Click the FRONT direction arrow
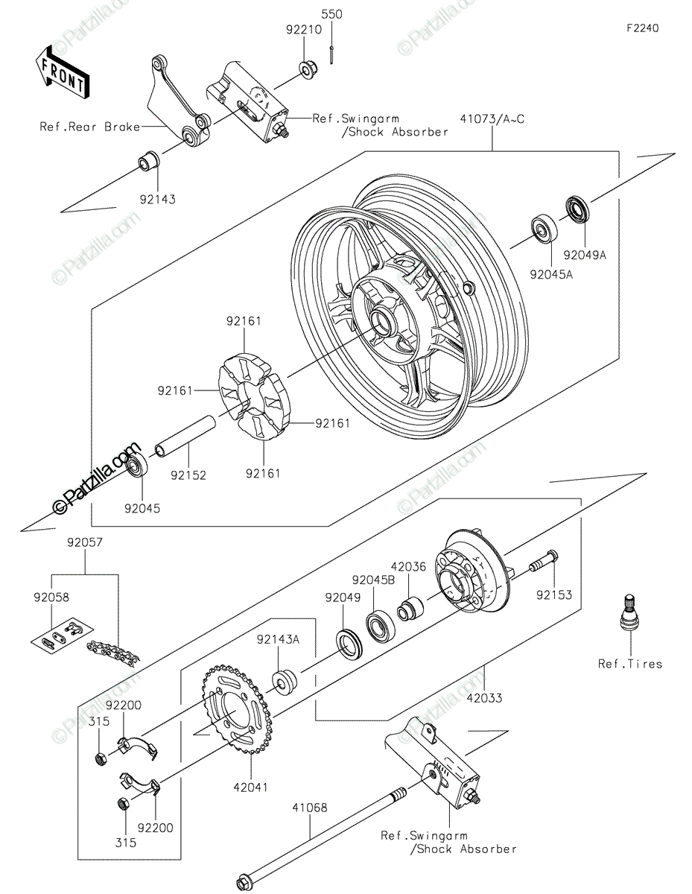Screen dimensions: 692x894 pyautogui.click(x=62, y=72)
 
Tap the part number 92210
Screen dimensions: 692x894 pyautogui.click(x=304, y=30)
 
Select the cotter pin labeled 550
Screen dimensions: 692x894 pyautogui.click(x=331, y=54)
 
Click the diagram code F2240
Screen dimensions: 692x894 pyautogui.click(x=642, y=28)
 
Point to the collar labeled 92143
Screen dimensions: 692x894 pyautogui.click(x=148, y=161)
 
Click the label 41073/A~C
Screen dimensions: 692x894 pyautogui.click(x=492, y=119)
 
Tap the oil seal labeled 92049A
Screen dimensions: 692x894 pyautogui.click(x=577, y=211)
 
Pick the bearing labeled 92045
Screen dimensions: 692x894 pyautogui.click(x=136, y=466)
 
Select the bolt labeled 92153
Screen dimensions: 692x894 pyautogui.click(x=544, y=561)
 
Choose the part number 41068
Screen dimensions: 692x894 pyautogui.click(x=310, y=808)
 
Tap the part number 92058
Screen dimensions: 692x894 pyautogui.click(x=52, y=597)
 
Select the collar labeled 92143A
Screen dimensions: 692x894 pyautogui.click(x=284, y=683)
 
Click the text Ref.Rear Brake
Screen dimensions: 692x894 pyautogui.click(x=89, y=127)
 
